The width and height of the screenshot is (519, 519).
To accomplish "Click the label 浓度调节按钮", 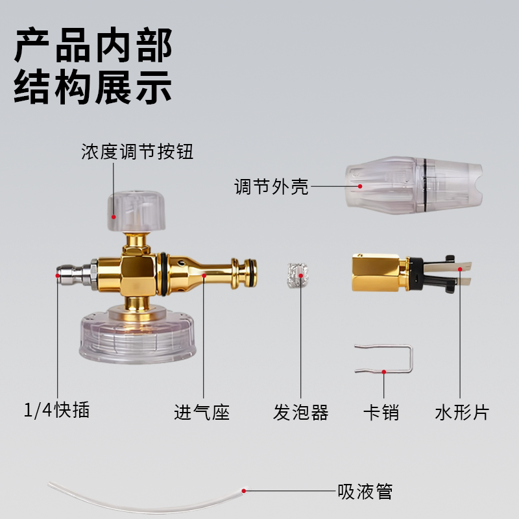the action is (138, 152).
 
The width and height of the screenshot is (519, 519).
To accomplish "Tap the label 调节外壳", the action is (271, 187).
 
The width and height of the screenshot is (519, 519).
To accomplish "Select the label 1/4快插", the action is (56, 411).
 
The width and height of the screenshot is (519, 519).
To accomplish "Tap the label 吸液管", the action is (365, 491).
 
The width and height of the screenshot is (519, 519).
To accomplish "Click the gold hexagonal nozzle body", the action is (378, 272).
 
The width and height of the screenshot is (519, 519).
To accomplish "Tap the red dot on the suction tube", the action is (245, 491).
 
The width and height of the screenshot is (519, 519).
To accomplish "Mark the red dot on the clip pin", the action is (384, 372).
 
